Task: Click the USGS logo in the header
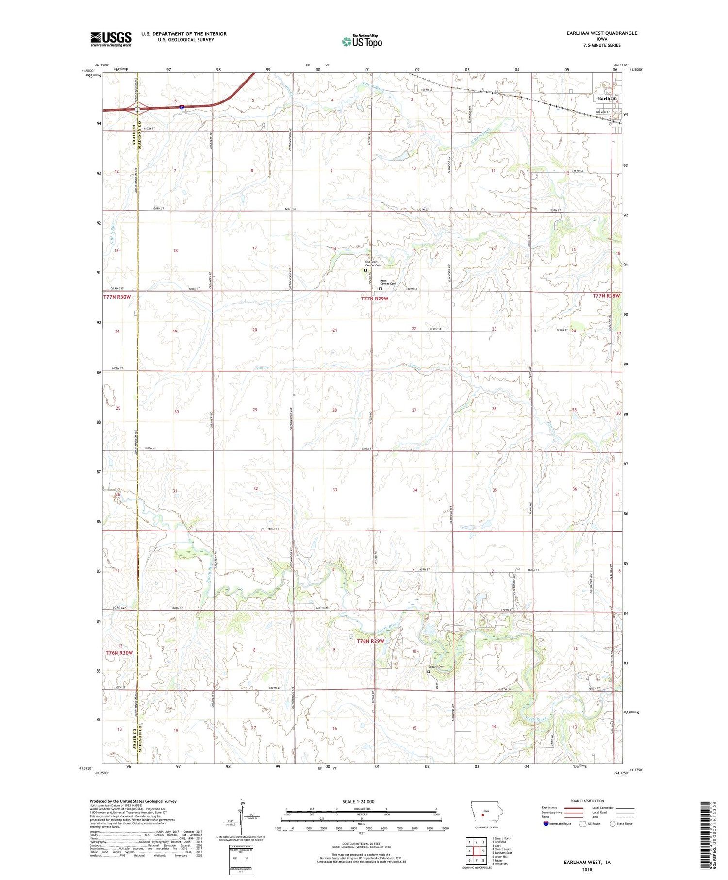point(111,39)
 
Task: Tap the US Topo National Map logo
point(362,41)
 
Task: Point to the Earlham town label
point(607,98)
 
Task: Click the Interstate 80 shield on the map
point(182,108)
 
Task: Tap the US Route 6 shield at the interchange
point(138,110)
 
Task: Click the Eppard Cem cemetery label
point(435,666)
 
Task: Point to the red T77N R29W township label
point(375,299)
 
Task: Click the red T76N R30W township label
point(119,653)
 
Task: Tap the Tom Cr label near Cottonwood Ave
point(262,368)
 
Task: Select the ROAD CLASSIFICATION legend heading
point(587,801)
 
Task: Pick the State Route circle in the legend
point(612,823)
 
